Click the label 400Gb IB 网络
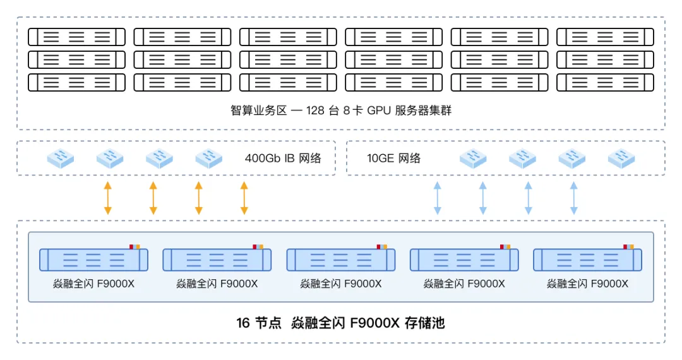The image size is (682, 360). coord(283,158)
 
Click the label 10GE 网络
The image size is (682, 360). coord(393,158)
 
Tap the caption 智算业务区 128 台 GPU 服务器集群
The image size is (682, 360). coord(341,111)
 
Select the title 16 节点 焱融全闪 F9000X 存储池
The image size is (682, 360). coord(341,323)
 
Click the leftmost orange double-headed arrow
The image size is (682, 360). coord(107,198)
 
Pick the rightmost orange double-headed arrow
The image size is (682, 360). coord(244,198)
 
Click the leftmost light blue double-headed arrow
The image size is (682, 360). coord(436,198)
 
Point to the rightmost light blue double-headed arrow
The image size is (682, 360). coord(573,198)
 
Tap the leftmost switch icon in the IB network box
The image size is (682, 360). coord(61,158)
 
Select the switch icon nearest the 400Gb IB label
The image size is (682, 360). coord(208,158)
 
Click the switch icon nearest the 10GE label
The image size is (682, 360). coord(473,158)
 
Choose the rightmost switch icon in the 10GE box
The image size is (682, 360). coord(621,158)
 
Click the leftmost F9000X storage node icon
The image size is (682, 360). coord(93,260)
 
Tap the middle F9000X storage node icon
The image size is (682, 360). coord(341,260)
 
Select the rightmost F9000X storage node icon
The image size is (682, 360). coord(588,260)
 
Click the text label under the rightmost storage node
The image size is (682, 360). coord(588,284)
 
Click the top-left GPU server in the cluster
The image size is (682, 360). coord(76,37)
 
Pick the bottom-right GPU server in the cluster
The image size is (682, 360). coord(605,82)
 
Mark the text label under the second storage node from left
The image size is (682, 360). coord(217,284)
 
